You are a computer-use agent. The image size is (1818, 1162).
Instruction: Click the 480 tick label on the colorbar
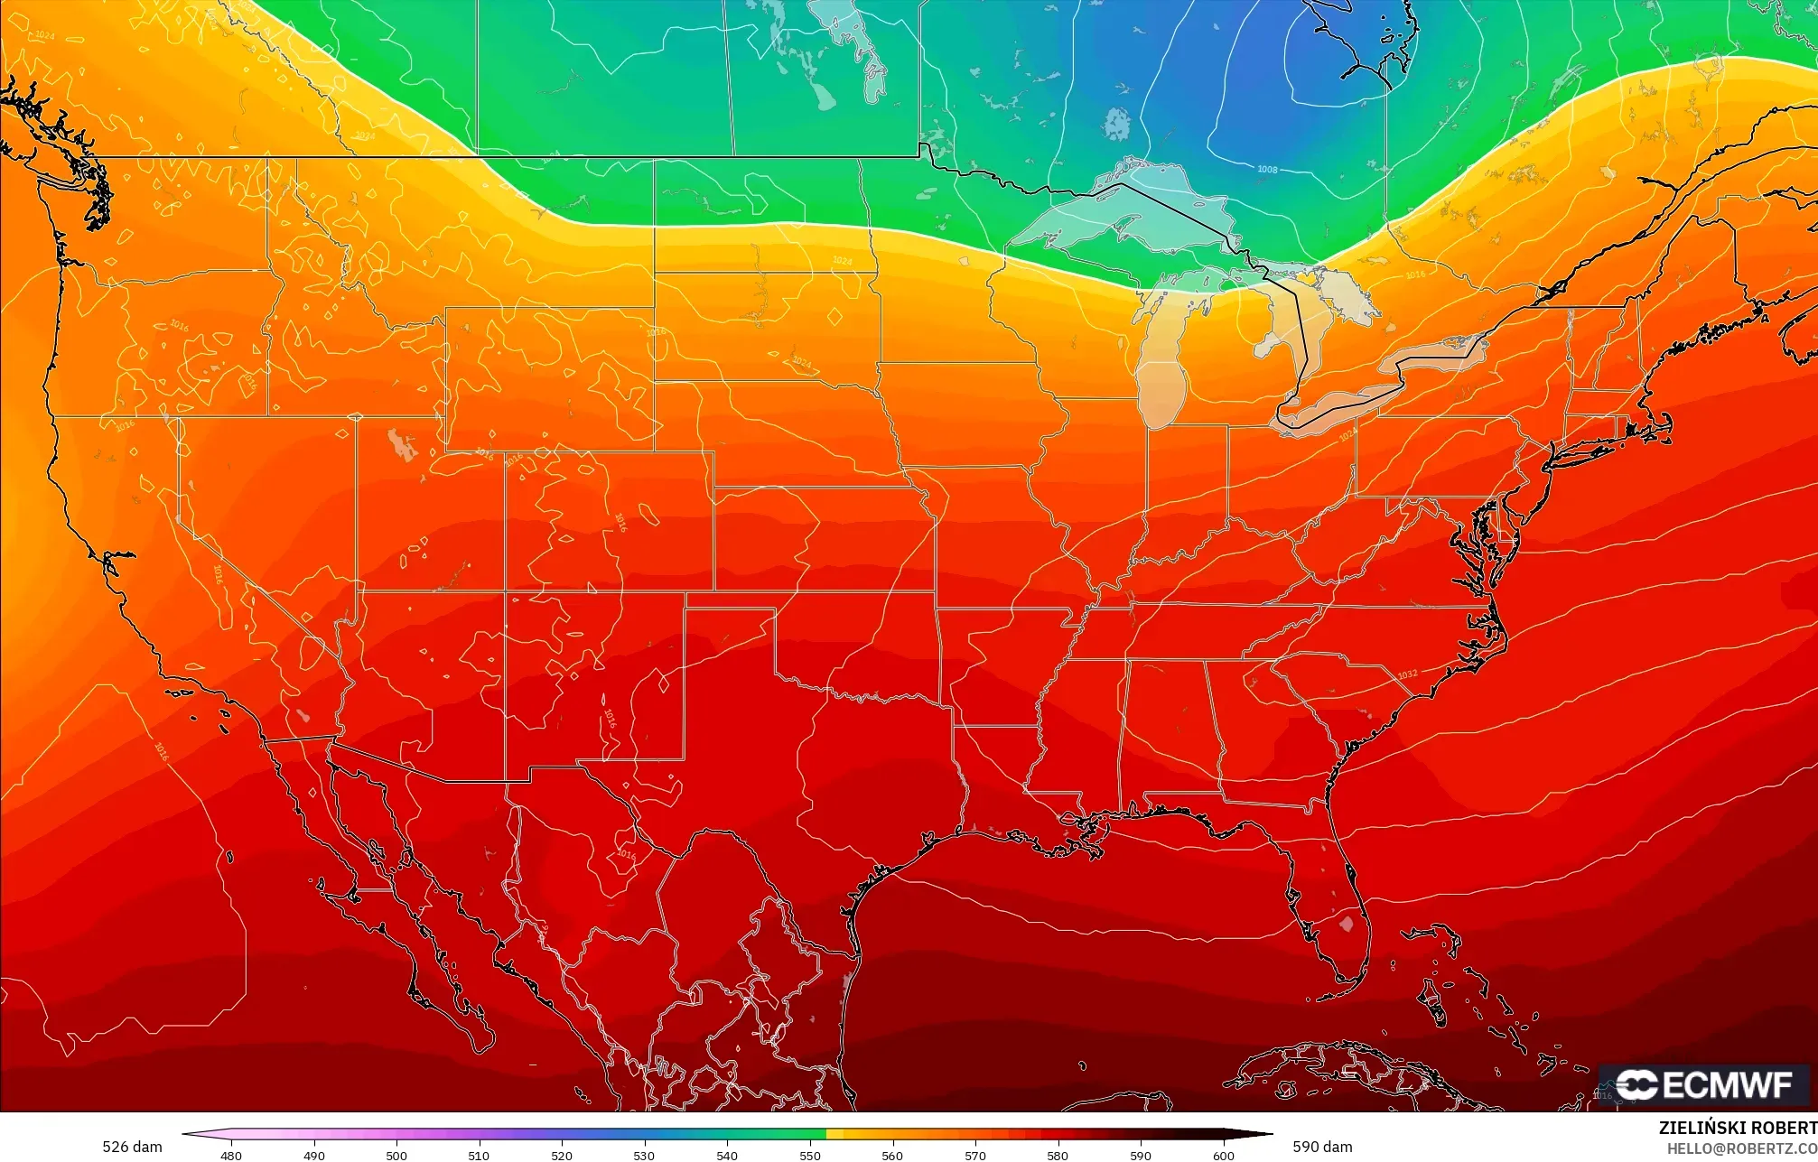pyautogui.click(x=231, y=1155)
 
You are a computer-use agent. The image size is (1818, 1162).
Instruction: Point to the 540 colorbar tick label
pyautogui.click(x=726, y=1155)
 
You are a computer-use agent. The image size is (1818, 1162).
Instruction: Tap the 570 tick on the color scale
pyautogui.click(x=974, y=1155)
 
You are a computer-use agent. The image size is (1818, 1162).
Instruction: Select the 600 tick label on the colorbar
pyautogui.click(x=1223, y=1155)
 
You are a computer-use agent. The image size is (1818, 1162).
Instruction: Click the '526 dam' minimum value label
pyautogui.click(x=132, y=1147)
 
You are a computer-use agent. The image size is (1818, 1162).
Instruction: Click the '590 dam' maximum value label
pyautogui.click(x=1322, y=1147)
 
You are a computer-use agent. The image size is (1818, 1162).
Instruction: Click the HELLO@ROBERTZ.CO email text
pyautogui.click(x=1741, y=1148)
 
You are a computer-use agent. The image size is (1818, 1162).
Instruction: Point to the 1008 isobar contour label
pyautogui.click(x=1267, y=170)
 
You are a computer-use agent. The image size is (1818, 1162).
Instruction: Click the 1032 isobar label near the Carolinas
pyautogui.click(x=1407, y=674)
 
